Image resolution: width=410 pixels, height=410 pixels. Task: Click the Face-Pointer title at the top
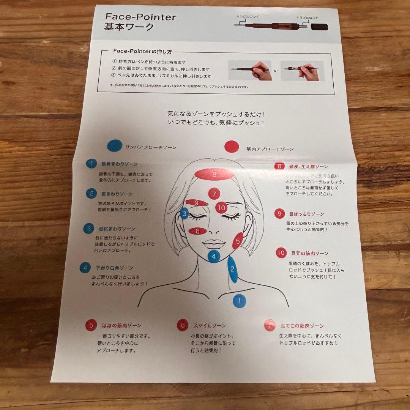[140, 17]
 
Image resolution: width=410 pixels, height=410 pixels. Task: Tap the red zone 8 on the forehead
[214, 175]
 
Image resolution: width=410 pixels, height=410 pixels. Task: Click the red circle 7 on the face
[214, 194]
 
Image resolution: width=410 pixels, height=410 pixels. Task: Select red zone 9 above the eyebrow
[197, 203]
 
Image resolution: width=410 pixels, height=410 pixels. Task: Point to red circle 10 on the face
[222, 208]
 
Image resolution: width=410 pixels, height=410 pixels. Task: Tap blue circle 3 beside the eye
[184, 214]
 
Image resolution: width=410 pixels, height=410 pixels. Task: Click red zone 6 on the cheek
[197, 231]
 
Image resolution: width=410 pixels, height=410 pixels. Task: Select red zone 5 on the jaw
[238, 241]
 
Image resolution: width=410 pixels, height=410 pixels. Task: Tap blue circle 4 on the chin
[214, 257]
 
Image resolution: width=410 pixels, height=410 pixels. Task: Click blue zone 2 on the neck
[233, 270]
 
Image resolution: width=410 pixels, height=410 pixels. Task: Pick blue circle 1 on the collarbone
[239, 301]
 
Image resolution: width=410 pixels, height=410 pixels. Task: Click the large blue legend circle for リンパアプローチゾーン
[115, 146]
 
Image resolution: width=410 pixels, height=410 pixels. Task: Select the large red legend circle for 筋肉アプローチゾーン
[231, 147]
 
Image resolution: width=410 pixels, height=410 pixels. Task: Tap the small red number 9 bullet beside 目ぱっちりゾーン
[279, 214]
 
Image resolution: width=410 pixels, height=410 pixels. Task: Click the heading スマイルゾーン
[210, 325]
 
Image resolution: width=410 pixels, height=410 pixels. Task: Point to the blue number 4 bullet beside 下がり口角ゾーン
[85, 268]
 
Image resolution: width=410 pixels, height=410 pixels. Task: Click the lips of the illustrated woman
[214, 243]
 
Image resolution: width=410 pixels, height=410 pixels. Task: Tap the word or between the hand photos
[276, 70]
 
